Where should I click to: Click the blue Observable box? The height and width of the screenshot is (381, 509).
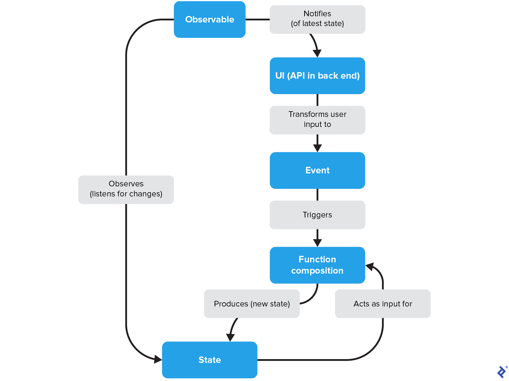[210, 20]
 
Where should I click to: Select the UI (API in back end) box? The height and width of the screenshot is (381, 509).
[317, 76]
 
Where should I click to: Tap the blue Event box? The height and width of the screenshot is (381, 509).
[317, 170]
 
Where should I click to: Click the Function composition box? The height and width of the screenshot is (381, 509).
[317, 265]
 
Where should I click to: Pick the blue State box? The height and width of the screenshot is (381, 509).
[210, 360]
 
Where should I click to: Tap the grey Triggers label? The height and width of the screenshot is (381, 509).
[317, 215]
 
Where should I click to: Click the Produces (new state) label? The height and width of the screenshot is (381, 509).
[252, 304]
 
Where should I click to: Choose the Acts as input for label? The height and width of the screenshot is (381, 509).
[383, 304]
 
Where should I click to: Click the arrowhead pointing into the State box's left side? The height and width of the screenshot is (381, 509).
[158, 359]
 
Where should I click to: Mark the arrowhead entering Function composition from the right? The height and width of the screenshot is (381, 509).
[370, 267]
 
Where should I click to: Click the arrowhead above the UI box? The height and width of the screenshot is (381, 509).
[317, 53]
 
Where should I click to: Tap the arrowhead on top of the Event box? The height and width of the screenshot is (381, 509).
[317, 148]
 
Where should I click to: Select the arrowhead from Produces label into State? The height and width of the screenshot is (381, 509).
[230, 337]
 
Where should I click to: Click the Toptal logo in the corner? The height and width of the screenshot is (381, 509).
[502, 372]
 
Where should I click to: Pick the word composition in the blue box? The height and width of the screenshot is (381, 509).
[317, 271]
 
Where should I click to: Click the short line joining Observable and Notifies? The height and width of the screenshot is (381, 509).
[257, 20]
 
